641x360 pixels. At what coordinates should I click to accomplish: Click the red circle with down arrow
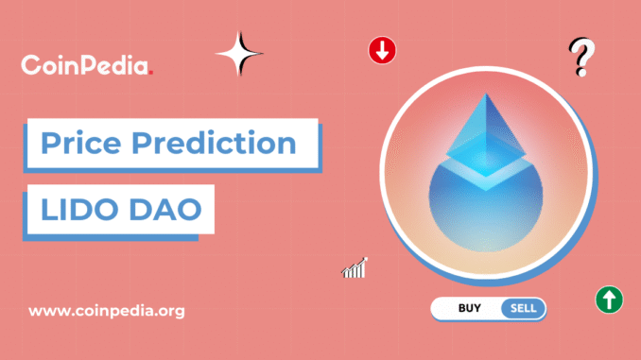click(x=382, y=51)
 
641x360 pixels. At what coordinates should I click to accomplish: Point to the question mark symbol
click(x=580, y=56)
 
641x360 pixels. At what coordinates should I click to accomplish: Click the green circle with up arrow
click(x=609, y=300)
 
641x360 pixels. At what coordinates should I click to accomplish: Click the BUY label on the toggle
click(x=469, y=308)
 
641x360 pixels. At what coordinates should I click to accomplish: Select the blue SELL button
click(x=522, y=308)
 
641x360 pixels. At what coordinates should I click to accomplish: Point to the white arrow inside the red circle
click(x=382, y=51)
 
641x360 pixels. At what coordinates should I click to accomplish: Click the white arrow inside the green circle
click(x=609, y=300)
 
